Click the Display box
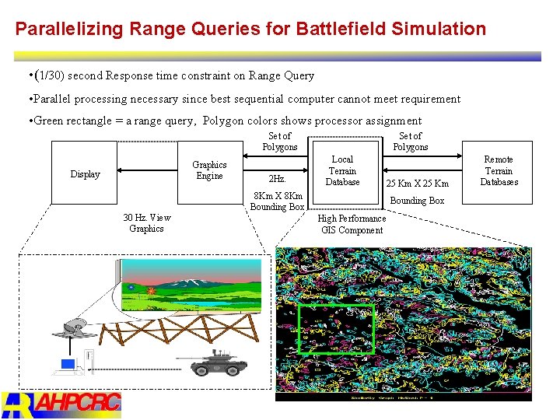pyautogui.click(x=86, y=173)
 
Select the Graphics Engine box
pyautogui.click(x=209, y=170)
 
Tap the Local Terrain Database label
pyautogui.click(x=342, y=171)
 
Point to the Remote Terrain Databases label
pyautogui.click(x=499, y=171)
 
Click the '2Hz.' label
pyautogui.click(x=277, y=180)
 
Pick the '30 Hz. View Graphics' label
pyautogui.click(x=146, y=223)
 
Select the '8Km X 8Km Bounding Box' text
pyautogui.click(x=277, y=201)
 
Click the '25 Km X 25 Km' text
pyautogui.click(x=418, y=184)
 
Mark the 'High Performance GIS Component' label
pyautogui.click(x=351, y=224)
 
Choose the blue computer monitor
pyautogui.click(x=68, y=364)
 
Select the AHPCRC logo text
pyautogui.click(x=78, y=402)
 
